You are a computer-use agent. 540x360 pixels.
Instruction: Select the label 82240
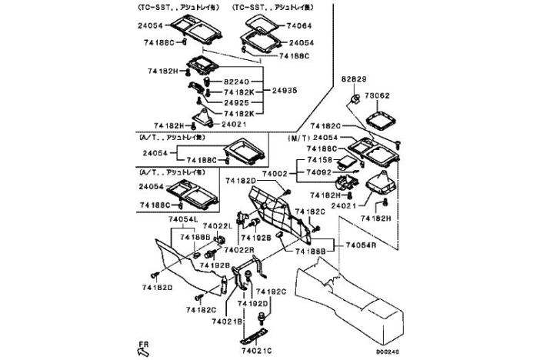236,79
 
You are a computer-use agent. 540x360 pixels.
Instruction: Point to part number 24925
236,102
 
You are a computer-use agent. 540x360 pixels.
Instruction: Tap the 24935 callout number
285,90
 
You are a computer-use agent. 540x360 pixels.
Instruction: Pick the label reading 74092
319,172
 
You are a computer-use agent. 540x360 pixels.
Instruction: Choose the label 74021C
256,350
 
